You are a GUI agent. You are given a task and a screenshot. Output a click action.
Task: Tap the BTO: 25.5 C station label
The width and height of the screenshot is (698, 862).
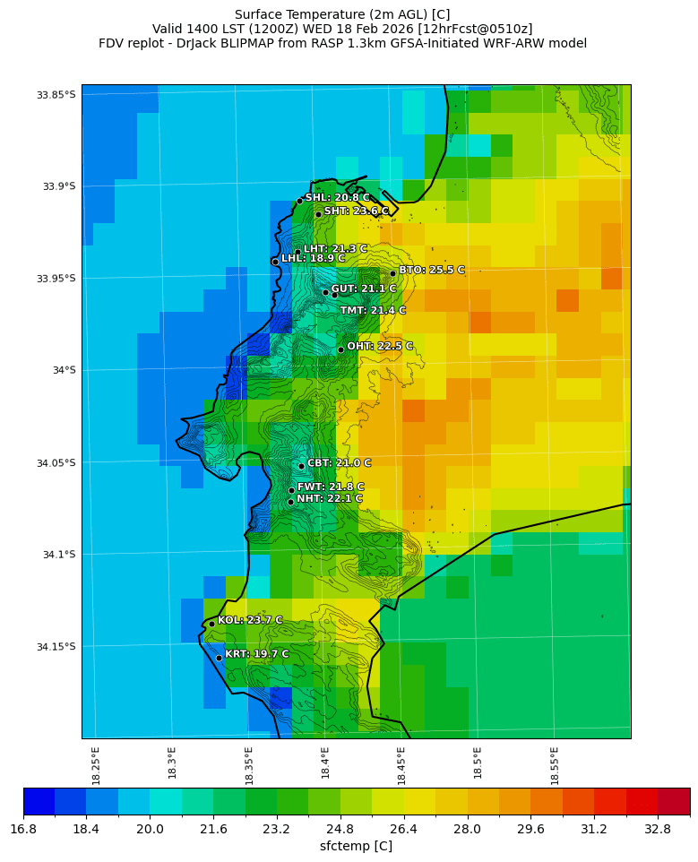click(431, 270)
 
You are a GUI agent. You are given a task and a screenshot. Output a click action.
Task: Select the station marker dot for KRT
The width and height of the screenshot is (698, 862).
click(219, 658)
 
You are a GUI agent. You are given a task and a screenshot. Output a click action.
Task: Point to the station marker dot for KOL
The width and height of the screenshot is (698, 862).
click(211, 624)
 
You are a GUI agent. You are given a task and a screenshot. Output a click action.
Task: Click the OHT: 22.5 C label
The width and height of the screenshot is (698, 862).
click(380, 346)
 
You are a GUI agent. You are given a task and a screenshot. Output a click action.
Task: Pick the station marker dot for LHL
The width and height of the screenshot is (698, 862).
click(275, 262)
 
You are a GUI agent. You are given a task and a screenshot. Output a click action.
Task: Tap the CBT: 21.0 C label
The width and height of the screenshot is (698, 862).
click(339, 463)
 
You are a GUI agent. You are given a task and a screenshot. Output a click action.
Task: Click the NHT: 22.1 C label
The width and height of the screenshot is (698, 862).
click(329, 499)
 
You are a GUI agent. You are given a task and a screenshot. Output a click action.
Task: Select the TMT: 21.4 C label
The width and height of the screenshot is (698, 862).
click(373, 311)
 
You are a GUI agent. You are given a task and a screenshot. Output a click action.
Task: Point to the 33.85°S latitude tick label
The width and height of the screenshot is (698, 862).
click(55, 95)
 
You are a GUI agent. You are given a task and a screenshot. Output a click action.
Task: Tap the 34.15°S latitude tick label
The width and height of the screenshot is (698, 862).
click(55, 647)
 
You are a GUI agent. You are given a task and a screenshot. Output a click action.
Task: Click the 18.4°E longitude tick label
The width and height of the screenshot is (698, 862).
click(325, 766)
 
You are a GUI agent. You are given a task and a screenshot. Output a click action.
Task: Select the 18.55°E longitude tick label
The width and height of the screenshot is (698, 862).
click(555, 766)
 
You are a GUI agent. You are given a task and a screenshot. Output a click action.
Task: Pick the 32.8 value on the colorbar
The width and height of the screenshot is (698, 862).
click(658, 829)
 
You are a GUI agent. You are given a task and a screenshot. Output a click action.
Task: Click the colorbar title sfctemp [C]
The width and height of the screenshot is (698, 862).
click(356, 846)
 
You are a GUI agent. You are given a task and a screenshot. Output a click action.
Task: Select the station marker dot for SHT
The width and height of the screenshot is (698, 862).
click(318, 214)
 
